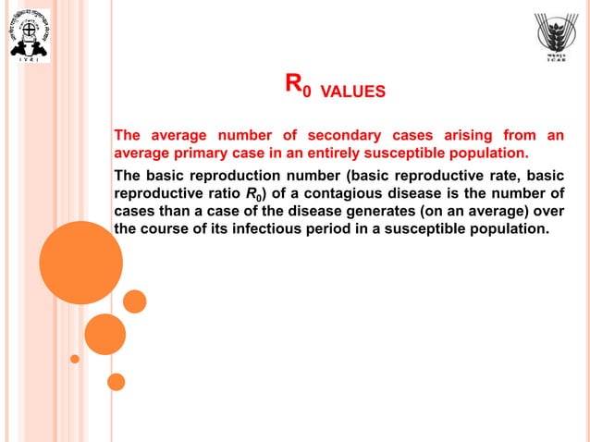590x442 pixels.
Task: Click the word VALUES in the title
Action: pos(352,92)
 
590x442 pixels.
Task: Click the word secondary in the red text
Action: pos(316,137)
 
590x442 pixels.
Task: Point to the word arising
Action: pos(443,137)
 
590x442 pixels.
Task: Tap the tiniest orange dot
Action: pos(75,359)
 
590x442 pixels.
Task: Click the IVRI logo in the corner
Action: pos(28,35)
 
